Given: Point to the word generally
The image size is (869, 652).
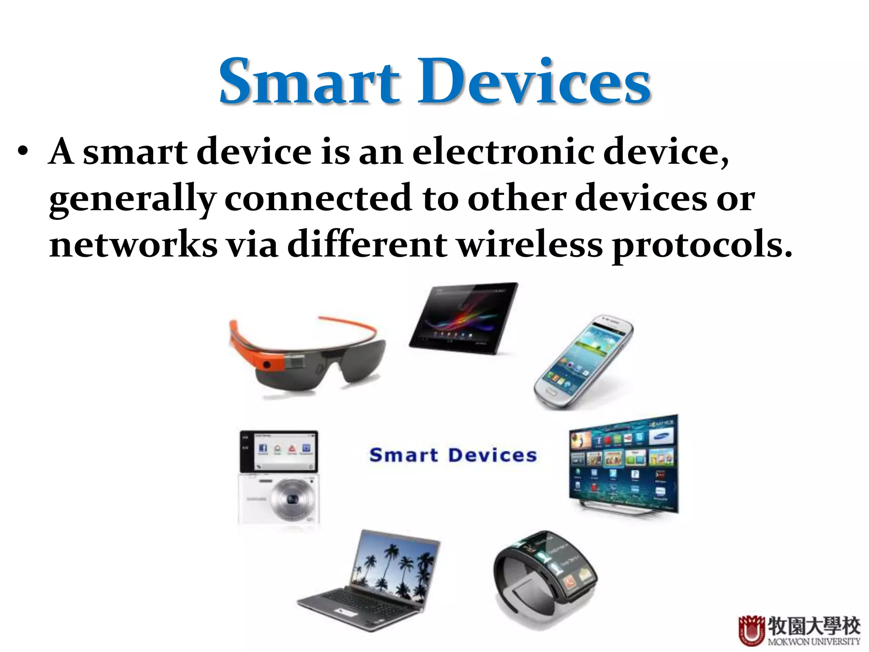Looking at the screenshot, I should click(x=132, y=200).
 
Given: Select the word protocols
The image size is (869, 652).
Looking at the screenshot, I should click(x=702, y=246).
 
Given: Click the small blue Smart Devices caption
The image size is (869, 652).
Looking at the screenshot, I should click(x=453, y=455).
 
